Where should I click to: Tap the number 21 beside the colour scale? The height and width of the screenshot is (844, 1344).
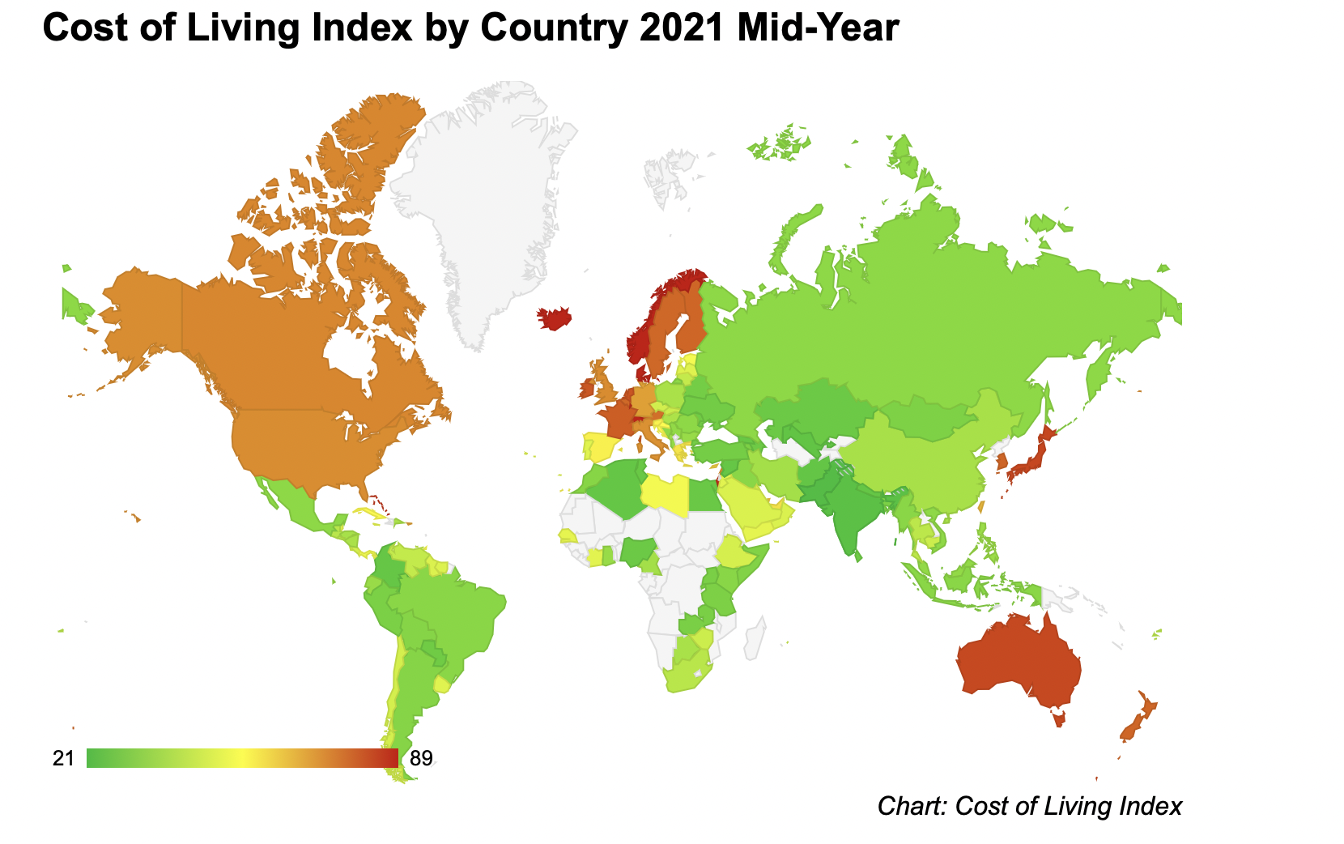63,758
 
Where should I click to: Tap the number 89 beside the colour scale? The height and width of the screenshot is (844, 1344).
421,758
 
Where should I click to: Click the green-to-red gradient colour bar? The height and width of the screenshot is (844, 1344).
242,758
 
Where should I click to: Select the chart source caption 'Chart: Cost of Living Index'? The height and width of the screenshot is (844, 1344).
1030,806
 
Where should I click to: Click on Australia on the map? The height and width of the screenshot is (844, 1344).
1020,660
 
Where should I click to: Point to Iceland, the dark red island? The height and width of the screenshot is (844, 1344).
554,318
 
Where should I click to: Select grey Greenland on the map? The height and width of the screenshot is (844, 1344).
480,198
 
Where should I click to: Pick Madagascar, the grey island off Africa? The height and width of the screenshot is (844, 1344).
755,639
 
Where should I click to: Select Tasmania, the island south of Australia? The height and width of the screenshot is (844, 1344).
1059,718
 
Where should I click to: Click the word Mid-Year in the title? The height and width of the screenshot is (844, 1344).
819,28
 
